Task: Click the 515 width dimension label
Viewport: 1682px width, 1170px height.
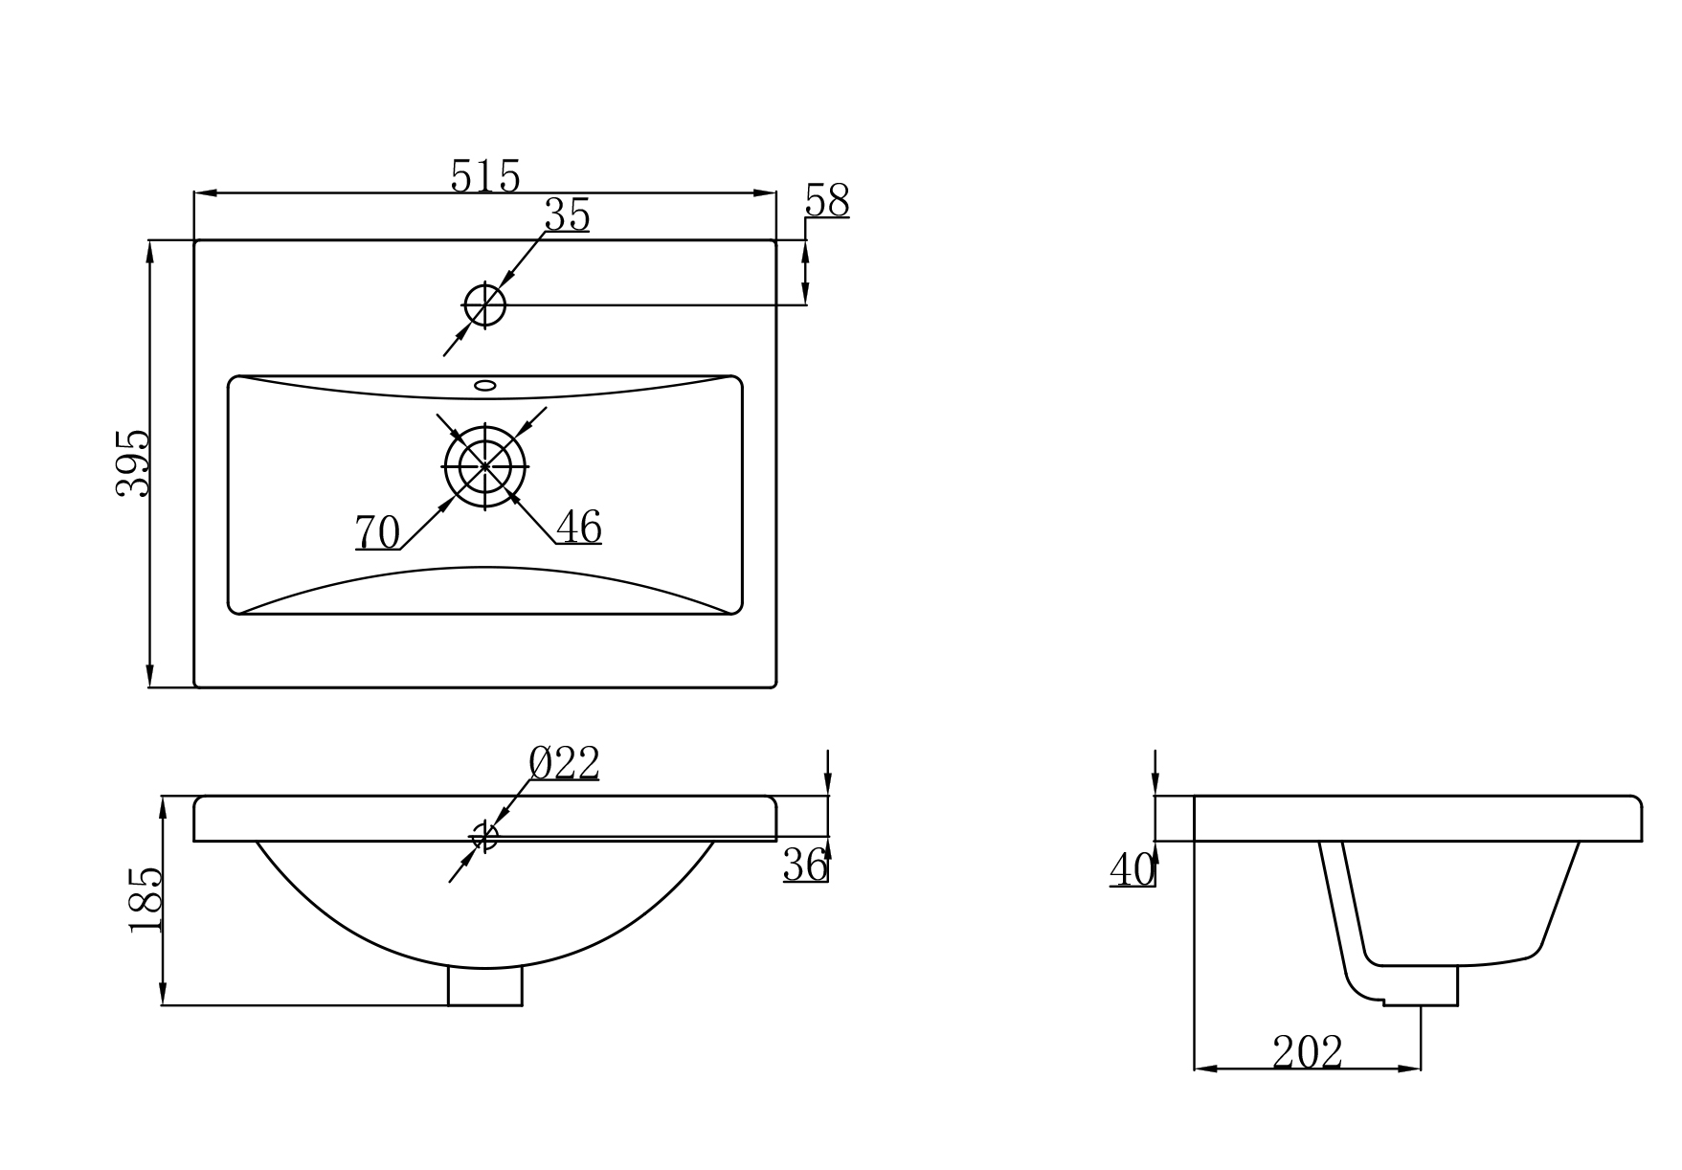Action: click(x=485, y=176)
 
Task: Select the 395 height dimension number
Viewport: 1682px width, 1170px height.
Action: click(x=134, y=462)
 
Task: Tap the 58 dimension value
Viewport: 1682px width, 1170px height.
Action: click(x=827, y=201)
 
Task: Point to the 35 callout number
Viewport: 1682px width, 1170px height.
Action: click(x=567, y=215)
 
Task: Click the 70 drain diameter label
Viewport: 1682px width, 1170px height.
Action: click(x=377, y=532)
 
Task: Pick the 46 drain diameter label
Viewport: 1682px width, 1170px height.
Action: click(x=579, y=527)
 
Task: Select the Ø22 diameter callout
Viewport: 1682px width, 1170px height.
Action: click(x=564, y=763)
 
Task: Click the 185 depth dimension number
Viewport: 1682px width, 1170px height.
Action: click(x=146, y=900)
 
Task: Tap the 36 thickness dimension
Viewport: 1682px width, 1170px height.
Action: click(x=805, y=865)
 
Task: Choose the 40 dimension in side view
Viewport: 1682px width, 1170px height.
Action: click(x=1133, y=869)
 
